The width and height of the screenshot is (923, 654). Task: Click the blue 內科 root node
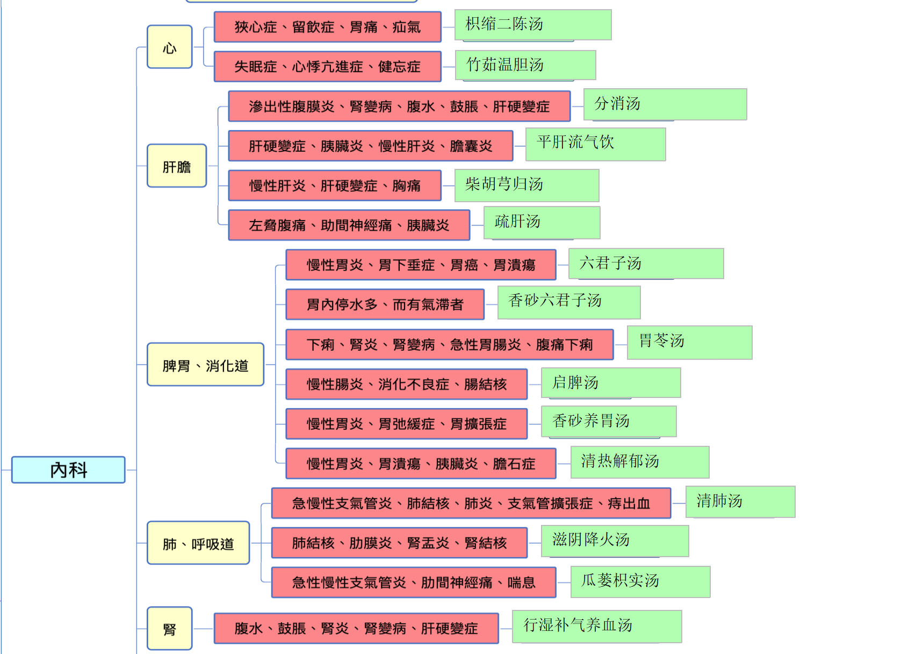coord(68,470)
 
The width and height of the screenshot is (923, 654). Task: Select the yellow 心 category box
coord(170,47)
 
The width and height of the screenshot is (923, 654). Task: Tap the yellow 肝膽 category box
coord(177,166)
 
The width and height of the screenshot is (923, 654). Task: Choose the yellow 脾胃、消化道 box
coord(206,365)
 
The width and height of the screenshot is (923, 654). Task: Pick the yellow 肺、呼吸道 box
coord(198,543)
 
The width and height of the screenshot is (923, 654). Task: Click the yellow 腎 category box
coord(170,628)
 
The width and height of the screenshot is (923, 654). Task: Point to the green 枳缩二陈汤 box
coord(533,25)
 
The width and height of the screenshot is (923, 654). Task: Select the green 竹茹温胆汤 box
coord(525,65)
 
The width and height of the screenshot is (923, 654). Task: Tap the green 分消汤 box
coord(665,104)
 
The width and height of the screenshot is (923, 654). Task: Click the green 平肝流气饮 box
coord(596,144)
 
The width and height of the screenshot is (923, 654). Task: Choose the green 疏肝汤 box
coord(542,223)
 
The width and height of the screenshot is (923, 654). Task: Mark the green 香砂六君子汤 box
coord(569,302)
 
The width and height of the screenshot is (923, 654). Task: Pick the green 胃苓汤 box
coord(690,343)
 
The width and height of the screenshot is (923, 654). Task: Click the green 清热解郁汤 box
coord(640,462)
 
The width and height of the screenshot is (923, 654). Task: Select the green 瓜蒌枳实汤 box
coord(640,582)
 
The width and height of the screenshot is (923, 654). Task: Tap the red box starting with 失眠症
coord(328,67)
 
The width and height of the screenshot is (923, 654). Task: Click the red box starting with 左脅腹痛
coord(349,225)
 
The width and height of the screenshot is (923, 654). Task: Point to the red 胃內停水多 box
coord(385,304)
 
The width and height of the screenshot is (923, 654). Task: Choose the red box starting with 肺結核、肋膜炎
coord(399,543)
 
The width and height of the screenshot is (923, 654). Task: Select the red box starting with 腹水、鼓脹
coord(356,628)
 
